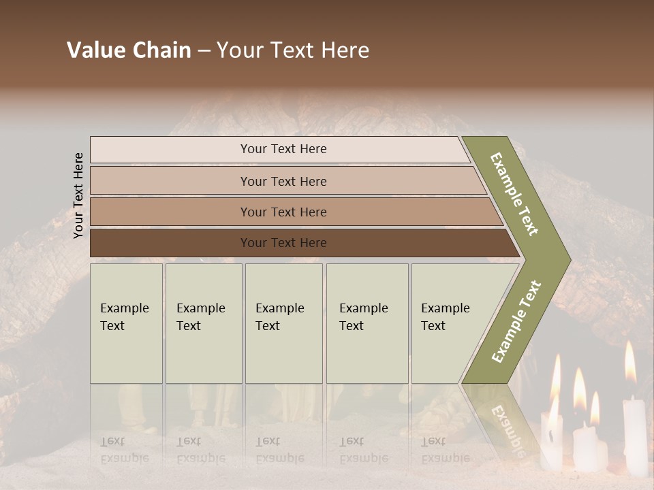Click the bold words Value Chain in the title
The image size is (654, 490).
coord(129,50)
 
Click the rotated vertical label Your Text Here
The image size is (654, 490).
coord(78,195)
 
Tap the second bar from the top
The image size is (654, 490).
coord(283,181)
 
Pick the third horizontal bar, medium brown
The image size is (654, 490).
coord(283,212)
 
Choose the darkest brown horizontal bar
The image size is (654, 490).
coord(283,243)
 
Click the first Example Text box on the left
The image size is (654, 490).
coord(126,323)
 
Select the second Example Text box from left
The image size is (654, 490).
coord(204,323)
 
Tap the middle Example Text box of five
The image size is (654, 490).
coord(283,323)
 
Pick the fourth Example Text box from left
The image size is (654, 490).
coord(367,323)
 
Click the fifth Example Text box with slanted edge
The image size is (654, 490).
coord(450,323)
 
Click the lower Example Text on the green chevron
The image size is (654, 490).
coord(517,321)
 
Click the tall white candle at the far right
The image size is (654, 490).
coord(634,436)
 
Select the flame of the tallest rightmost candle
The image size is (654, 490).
coord(630,362)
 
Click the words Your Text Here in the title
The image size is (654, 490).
coord(293,50)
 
